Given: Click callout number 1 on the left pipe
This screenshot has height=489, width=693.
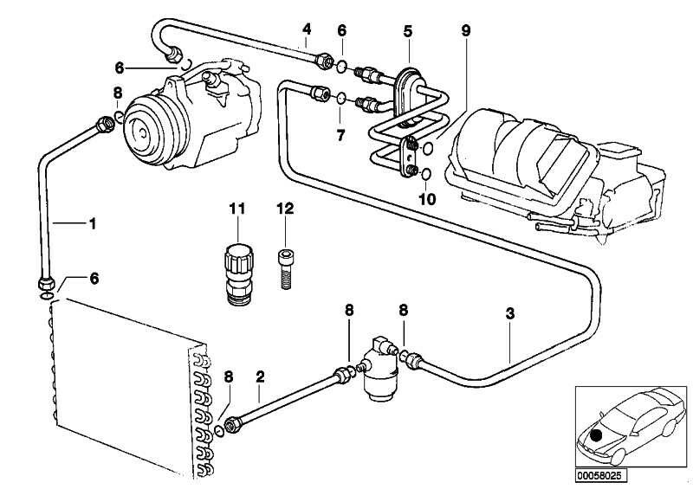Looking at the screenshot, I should [92, 223].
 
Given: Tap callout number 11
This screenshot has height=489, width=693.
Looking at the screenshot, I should [237, 208].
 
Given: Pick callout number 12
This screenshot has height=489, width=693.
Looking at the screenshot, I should [286, 208].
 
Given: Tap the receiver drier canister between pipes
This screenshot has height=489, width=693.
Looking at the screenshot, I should [378, 371].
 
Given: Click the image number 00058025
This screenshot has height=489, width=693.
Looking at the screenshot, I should [601, 475].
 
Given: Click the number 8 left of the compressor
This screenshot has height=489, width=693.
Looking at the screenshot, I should [117, 93].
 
